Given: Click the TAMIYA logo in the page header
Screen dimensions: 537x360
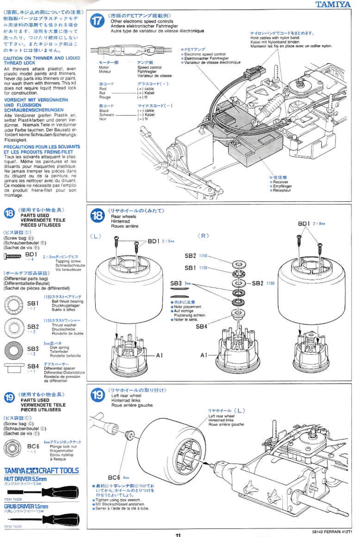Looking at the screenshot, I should pyautogui.click(x=333, y=4).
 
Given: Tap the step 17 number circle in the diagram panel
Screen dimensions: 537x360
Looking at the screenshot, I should pyautogui.click(x=97, y=21).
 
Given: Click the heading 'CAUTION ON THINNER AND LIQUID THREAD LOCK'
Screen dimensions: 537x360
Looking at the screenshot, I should pyautogui.click(x=42, y=60).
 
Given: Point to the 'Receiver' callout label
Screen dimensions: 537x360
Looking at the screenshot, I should pyautogui.click(x=280, y=182).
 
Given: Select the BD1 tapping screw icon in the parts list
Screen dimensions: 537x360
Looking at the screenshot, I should pyautogui.click(x=12, y=256).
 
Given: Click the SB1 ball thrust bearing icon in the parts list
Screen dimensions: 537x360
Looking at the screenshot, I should pyautogui.click(x=14, y=304).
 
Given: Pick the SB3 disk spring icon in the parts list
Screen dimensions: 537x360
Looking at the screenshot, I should pyautogui.click(x=14, y=350).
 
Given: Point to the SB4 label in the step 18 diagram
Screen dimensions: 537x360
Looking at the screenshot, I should pyautogui.click(x=201, y=326).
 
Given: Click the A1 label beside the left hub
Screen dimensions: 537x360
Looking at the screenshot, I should pyautogui.click(x=159, y=355).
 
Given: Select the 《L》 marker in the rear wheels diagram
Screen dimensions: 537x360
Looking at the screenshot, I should pyautogui.click(x=96, y=236).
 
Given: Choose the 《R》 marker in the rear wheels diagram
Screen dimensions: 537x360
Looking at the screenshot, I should pyautogui.click(x=203, y=236).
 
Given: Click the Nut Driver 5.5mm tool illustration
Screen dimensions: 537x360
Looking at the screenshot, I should pyautogui.click(x=43, y=492).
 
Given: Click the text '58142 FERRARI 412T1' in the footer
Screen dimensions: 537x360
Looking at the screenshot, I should pyautogui.click(x=332, y=532).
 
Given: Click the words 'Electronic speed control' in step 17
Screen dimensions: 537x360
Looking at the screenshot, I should pyautogui.click(x=205, y=54).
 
